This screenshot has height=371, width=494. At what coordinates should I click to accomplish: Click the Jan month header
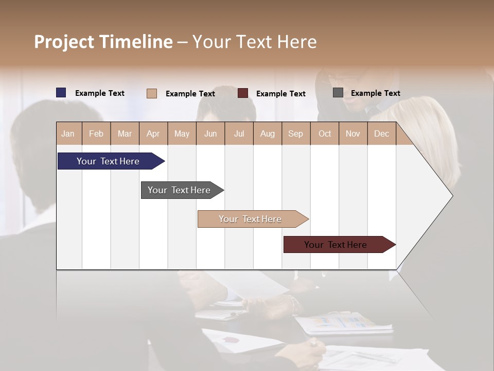point(68,134)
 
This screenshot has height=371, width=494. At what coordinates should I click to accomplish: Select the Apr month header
point(153,134)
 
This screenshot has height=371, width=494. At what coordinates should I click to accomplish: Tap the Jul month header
point(239,134)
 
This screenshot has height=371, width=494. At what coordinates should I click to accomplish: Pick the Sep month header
point(295,134)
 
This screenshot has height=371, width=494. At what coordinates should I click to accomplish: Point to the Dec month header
point(381,134)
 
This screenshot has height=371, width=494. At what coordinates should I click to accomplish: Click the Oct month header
point(325,134)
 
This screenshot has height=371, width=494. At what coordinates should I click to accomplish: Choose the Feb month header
point(96,134)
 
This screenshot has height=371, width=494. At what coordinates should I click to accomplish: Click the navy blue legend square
point(61,93)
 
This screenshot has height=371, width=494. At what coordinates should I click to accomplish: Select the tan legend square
point(152,93)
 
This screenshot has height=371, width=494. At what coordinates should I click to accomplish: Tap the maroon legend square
point(243,93)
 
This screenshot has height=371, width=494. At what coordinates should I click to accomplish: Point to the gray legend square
point(338,93)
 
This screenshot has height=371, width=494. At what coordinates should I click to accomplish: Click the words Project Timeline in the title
point(103,42)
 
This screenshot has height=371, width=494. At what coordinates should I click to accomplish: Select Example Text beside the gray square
point(375,93)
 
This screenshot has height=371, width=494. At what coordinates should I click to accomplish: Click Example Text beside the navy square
point(100,93)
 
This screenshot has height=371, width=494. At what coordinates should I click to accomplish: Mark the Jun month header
point(210,134)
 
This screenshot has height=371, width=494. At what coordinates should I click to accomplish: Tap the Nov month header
point(352,134)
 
